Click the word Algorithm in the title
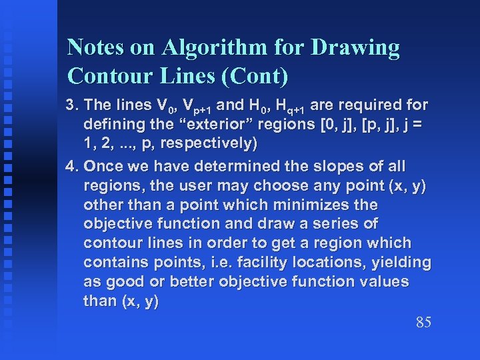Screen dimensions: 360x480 (211, 48)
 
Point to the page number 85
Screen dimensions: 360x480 (423, 323)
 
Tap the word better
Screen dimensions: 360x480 (195, 281)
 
